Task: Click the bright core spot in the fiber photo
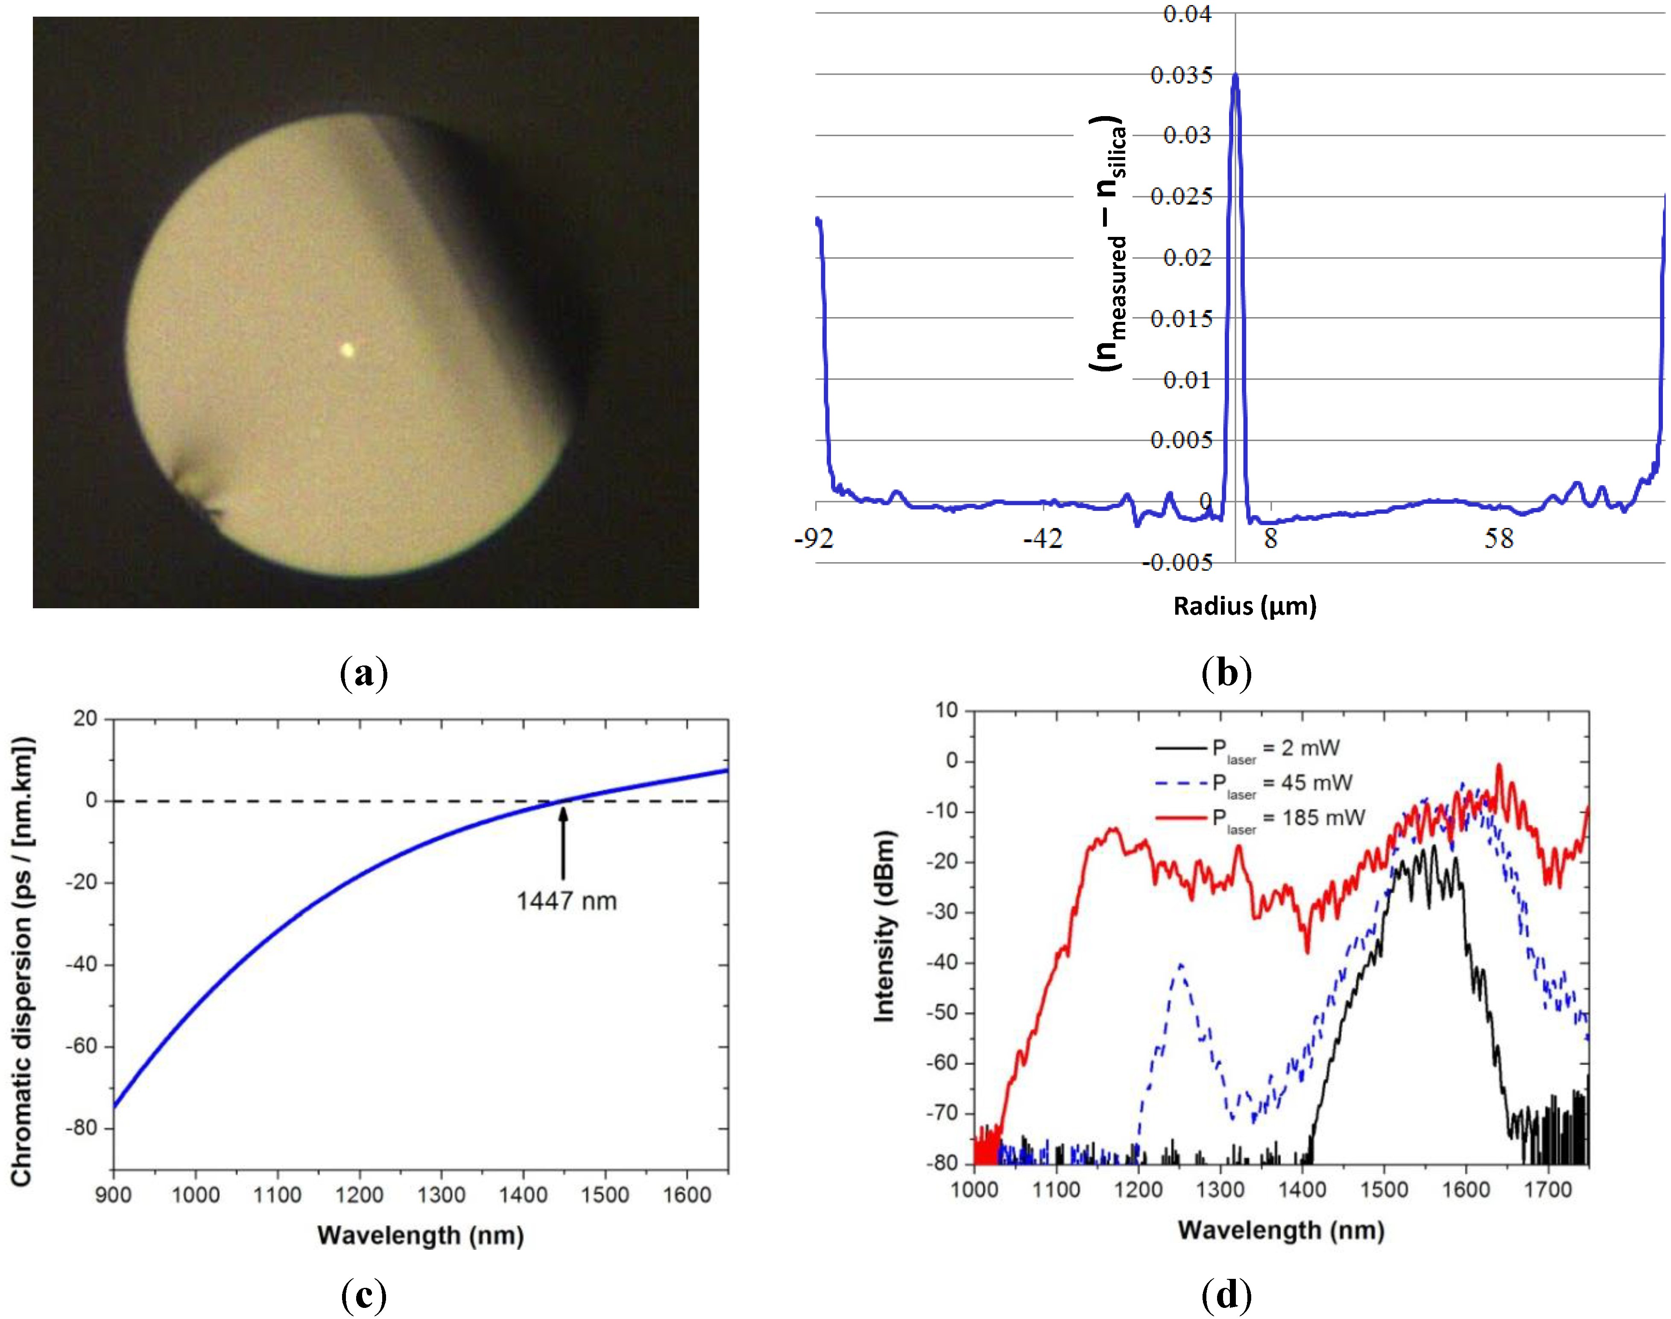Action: pyautogui.click(x=347, y=350)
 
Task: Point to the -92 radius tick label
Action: pyautogui.click(x=814, y=539)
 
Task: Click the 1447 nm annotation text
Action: pyautogui.click(x=566, y=901)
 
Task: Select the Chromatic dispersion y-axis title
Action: pyautogui.click(x=22, y=961)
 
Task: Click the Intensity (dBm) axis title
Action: pyautogui.click(x=884, y=927)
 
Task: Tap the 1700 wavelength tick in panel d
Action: pyautogui.click(x=1548, y=1190)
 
